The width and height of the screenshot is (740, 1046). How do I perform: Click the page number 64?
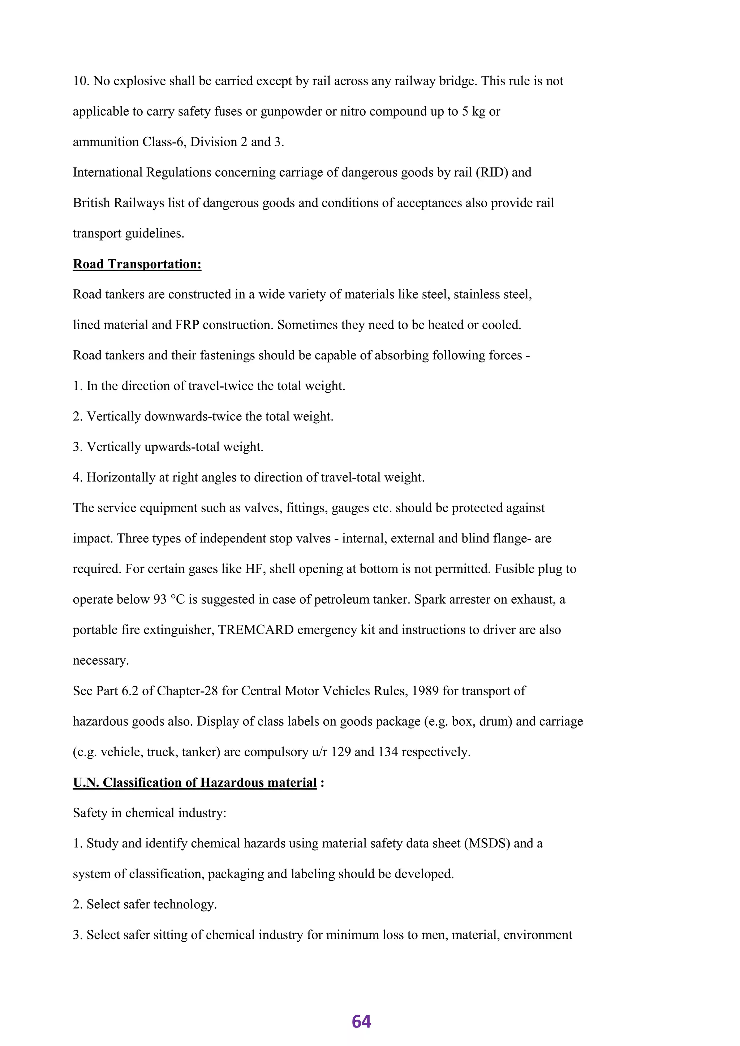361,1021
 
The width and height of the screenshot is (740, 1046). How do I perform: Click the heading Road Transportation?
137,264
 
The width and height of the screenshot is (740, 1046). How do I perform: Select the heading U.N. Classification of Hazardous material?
194,782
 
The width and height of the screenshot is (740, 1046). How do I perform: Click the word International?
108,173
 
